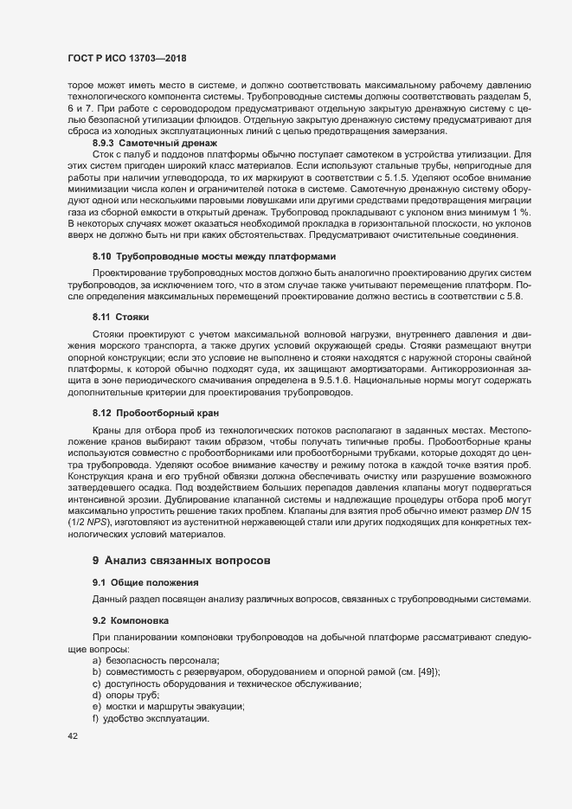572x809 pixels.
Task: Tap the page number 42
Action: point(73,736)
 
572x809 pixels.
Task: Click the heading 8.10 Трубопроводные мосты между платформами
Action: point(214,258)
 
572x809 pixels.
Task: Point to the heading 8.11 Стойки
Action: point(115,317)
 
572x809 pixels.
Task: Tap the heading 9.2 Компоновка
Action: point(131,621)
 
